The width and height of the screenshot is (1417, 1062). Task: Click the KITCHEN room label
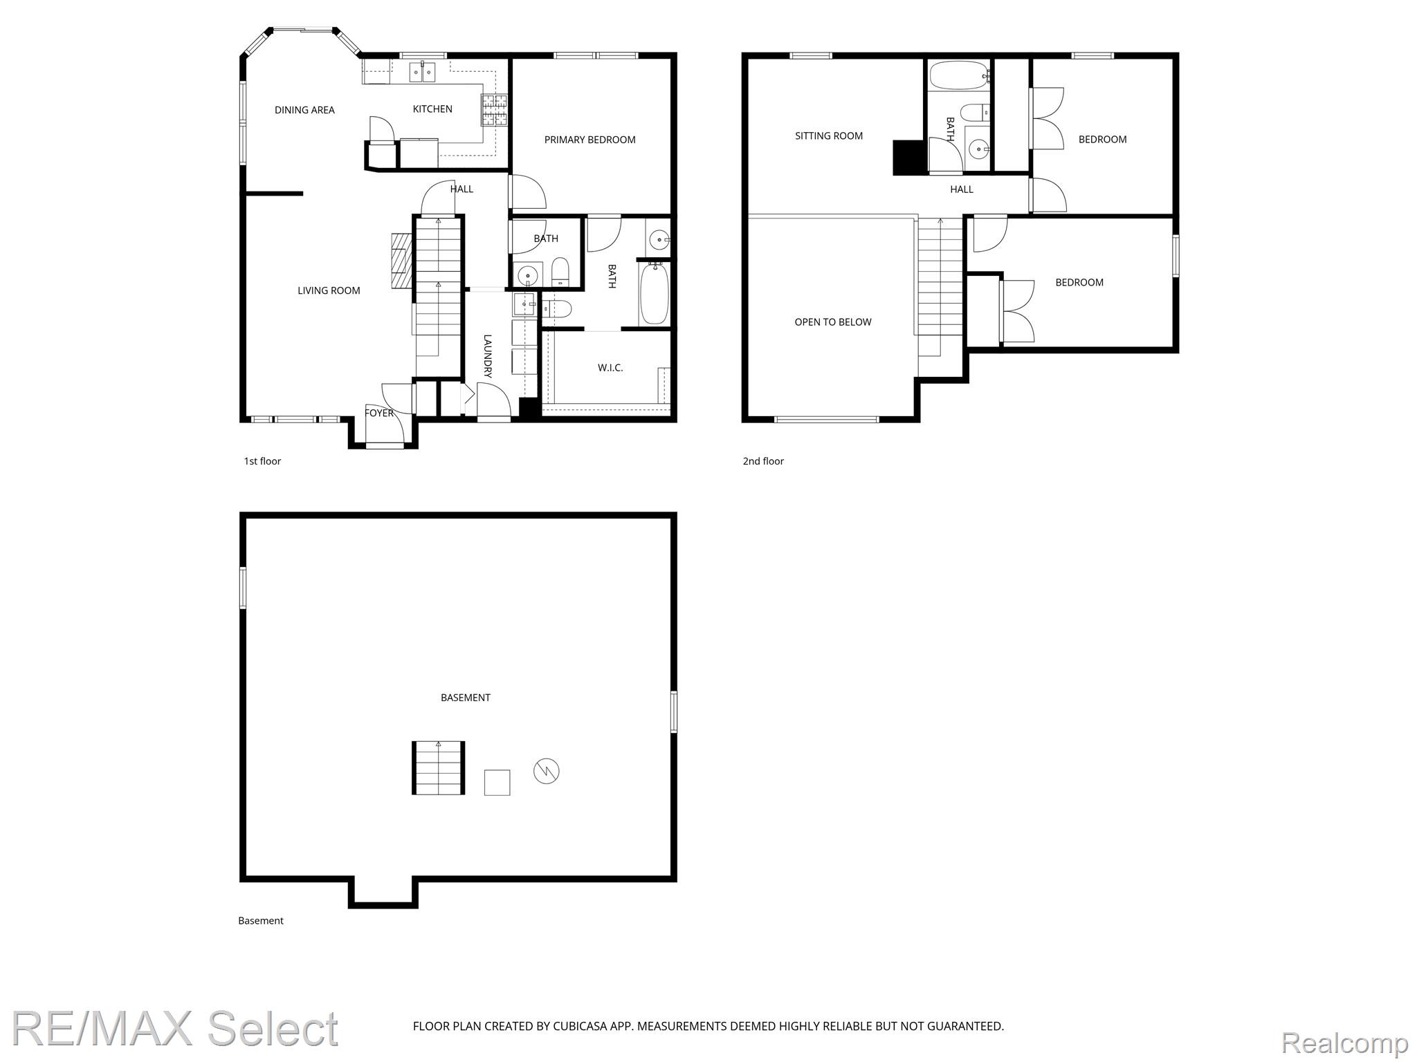point(432,109)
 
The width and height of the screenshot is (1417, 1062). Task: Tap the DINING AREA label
point(304,110)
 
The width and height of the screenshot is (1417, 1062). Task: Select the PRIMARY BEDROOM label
point(589,140)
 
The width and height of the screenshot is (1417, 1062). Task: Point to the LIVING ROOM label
point(329,290)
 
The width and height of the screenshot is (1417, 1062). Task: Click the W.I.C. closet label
point(610,368)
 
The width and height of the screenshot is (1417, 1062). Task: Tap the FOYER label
point(379,413)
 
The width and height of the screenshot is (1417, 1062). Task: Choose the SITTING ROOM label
point(829,136)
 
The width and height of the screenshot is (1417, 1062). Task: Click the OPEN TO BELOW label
point(833,322)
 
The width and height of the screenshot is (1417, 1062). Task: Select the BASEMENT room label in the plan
point(466,698)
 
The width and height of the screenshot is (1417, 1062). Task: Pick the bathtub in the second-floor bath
point(958,75)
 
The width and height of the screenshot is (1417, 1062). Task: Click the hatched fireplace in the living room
point(401,261)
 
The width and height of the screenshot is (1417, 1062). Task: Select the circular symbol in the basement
point(547,771)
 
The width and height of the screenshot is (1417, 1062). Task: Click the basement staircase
point(439,768)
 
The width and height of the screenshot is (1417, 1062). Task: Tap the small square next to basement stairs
point(497,783)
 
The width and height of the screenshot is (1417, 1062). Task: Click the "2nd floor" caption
point(763,461)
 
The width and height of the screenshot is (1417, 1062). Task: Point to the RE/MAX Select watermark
point(175,1030)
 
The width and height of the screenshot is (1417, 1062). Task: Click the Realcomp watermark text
point(1344,1043)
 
